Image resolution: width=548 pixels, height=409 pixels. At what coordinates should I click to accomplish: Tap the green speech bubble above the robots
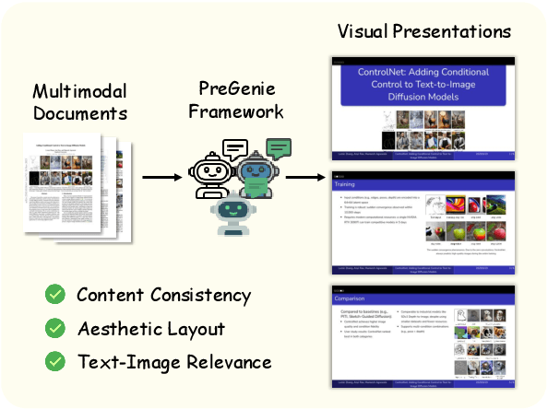278,147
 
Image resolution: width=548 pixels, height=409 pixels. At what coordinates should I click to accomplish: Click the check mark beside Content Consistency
56,295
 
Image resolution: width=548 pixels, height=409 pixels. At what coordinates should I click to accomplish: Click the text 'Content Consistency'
163,295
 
